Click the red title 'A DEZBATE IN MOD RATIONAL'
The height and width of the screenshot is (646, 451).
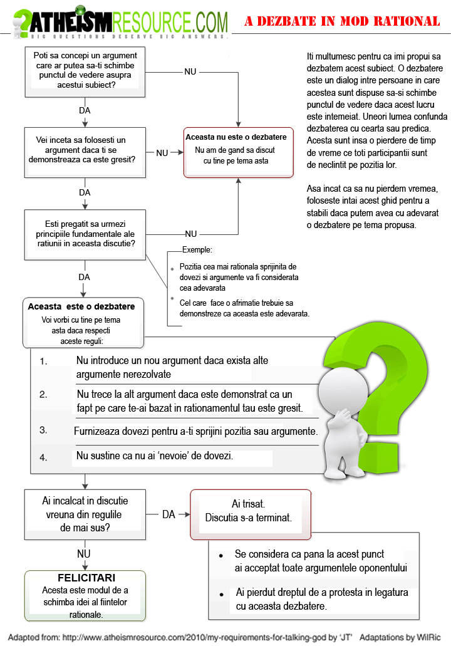click(x=342, y=22)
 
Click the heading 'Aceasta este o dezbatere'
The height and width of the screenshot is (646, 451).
click(x=81, y=306)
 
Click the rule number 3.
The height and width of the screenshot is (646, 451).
click(x=43, y=430)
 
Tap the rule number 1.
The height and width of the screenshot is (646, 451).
click(x=43, y=362)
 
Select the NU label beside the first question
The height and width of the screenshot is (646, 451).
click(x=190, y=71)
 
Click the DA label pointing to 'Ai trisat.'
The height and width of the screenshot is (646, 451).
click(x=168, y=514)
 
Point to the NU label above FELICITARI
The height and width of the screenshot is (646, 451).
click(x=83, y=554)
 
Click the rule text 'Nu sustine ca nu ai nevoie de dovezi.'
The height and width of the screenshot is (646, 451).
click(x=155, y=456)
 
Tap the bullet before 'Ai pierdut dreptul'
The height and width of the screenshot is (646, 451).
click(x=220, y=593)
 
